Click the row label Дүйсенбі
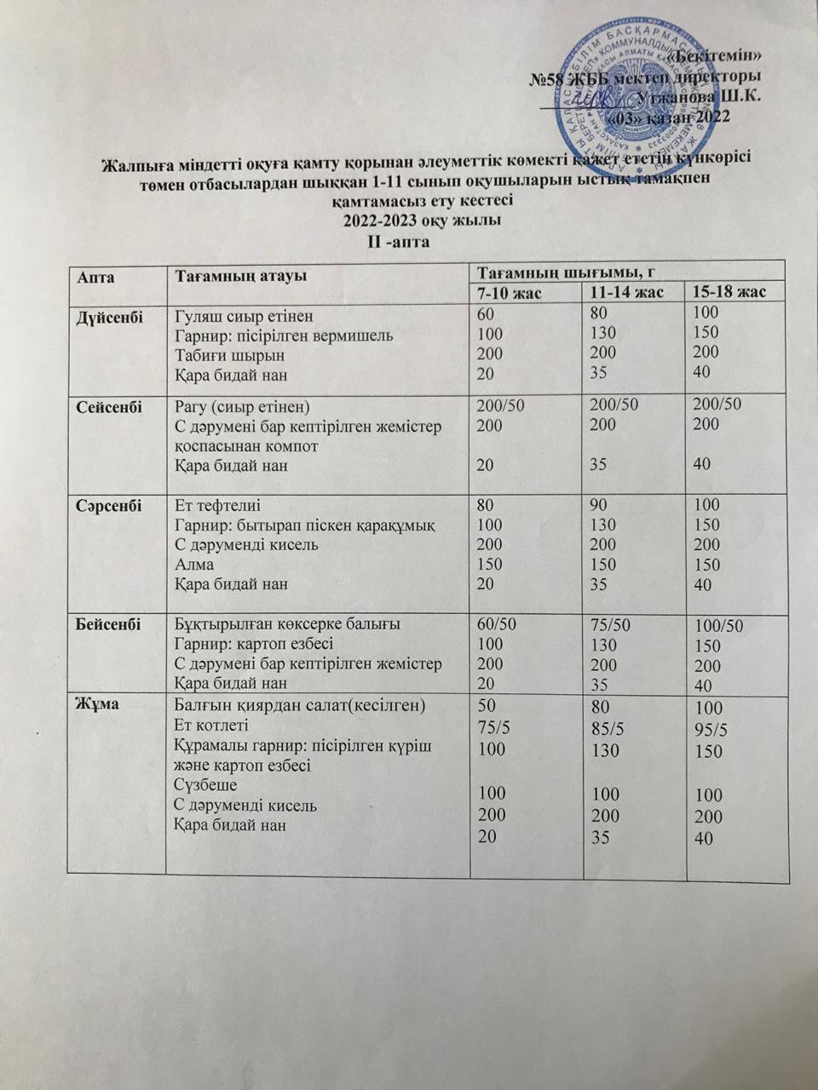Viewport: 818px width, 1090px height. click(107, 313)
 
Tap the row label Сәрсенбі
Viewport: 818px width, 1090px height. click(107, 504)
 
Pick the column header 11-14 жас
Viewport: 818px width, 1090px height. click(627, 293)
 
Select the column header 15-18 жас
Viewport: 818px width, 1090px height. click(730, 292)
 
